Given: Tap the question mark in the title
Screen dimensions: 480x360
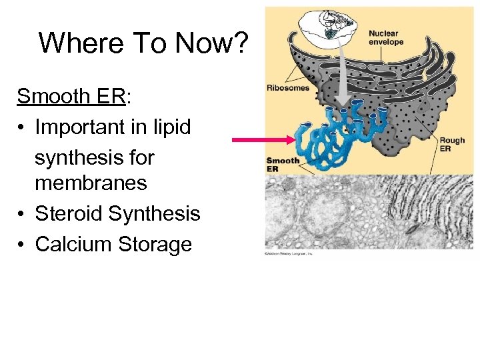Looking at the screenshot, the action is [x=241, y=43].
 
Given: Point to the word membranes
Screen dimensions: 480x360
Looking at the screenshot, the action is [x=91, y=183].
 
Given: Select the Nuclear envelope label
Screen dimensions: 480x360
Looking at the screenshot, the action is [x=386, y=37].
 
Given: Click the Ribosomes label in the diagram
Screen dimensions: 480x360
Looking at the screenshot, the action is [x=287, y=87].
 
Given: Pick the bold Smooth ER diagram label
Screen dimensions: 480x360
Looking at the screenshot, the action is [x=283, y=164].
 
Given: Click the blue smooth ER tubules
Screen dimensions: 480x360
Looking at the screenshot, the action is [x=333, y=133].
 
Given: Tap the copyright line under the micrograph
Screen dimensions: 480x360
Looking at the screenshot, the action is [x=288, y=254].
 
